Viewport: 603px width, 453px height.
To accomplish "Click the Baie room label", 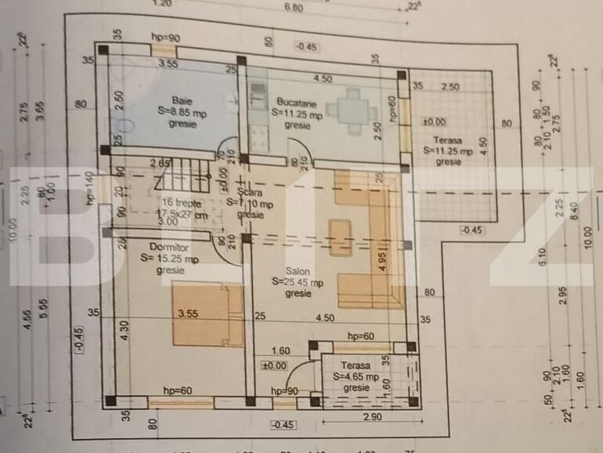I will (x=182, y=100).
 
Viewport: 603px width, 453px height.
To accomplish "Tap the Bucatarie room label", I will (x=297, y=103).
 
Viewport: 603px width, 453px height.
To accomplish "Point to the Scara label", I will (x=251, y=192).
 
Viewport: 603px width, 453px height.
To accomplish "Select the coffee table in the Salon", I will (x=341, y=238).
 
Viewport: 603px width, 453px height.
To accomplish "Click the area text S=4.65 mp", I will (x=356, y=377).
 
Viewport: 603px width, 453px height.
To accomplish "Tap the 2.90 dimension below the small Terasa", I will (x=373, y=418).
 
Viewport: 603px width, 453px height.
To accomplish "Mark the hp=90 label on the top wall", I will (x=165, y=38).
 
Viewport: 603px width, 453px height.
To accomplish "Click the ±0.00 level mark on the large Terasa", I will (x=434, y=121).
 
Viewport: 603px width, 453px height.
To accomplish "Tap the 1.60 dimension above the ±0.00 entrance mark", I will (x=281, y=351).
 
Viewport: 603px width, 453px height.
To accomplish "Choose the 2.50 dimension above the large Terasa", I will (x=450, y=86).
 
